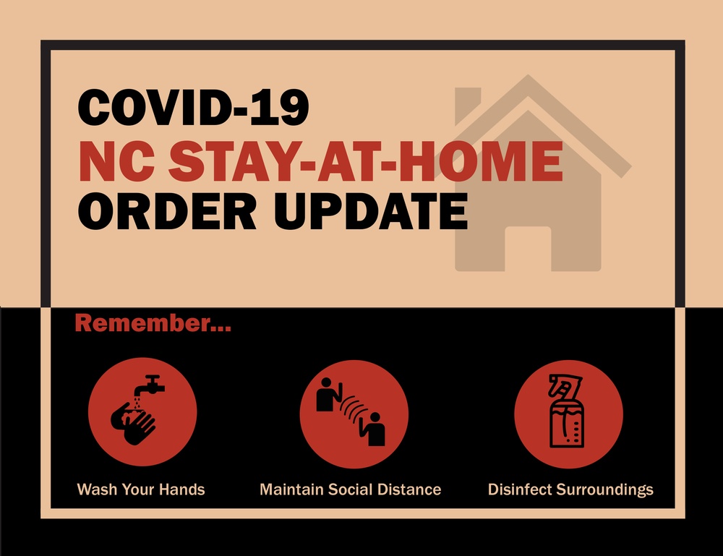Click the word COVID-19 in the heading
(x=193, y=107)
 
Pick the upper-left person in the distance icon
(x=328, y=394)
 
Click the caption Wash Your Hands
(x=141, y=489)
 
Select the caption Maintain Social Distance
(x=350, y=489)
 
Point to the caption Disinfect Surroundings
(x=570, y=489)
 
